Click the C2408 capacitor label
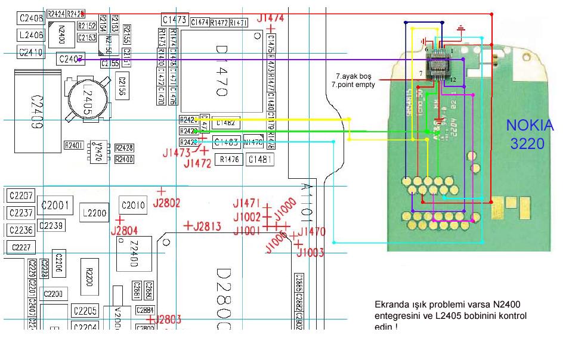tap(31, 18)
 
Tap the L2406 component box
tap(31, 35)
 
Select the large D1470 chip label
tap(221, 71)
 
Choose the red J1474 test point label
tap(270, 18)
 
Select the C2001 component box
tap(55, 206)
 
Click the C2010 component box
tap(133, 206)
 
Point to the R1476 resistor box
tap(229, 159)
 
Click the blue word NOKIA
tap(530, 126)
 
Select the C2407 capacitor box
tap(70, 58)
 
